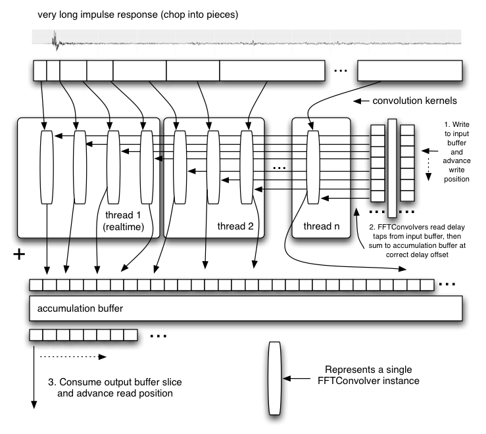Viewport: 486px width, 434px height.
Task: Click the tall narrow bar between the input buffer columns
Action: pyautogui.click(x=392, y=168)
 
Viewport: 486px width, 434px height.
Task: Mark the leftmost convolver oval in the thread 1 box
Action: pyautogui.click(x=45, y=167)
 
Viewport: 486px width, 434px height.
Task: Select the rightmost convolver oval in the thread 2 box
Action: pyautogui.click(x=247, y=167)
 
